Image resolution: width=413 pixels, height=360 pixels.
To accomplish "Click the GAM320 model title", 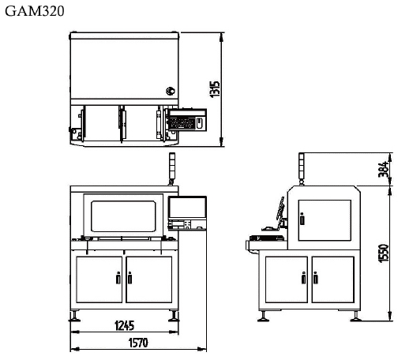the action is [x=35, y=11].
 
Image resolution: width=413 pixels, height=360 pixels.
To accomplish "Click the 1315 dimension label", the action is [x=215, y=89].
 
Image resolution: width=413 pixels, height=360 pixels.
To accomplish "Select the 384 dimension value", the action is [x=384, y=169].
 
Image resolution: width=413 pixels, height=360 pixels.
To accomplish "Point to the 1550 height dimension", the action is [x=384, y=253].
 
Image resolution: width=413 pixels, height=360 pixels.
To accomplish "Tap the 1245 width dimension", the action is [x=125, y=325].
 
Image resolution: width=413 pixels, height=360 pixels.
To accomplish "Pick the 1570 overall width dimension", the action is [x=138, y=343].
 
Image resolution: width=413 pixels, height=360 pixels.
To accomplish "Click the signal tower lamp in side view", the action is [x=302, y=168].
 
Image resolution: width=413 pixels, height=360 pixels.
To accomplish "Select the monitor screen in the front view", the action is [x=187, y=208].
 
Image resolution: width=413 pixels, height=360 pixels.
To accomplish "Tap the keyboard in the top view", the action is [x=182, y=123].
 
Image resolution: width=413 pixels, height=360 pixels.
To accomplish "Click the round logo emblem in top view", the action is [x=171, y=91].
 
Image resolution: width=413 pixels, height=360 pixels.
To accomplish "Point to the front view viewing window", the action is [x=123, y=216].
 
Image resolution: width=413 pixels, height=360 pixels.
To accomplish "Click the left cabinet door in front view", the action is [x=99, y=279].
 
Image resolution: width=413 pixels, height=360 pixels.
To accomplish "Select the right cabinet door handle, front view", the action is [x=130, y=278].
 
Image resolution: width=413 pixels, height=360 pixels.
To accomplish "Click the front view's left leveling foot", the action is [x=74, y=316].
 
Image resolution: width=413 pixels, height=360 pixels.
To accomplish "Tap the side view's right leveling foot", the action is [x=356, y=316].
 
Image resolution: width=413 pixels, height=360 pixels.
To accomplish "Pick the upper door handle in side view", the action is [x=302, y=219].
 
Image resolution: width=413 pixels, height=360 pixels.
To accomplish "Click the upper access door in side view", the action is [x=325, y=220].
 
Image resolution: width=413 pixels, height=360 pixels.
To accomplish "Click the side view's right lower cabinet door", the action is [x=333, y=279].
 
